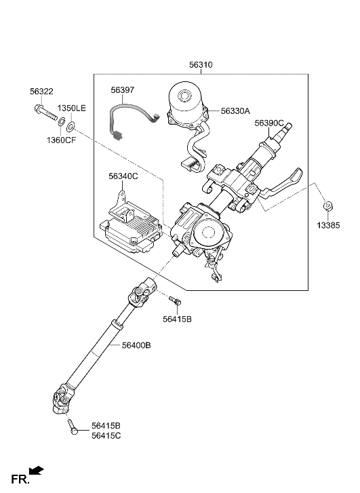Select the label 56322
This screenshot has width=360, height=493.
pos(41,92)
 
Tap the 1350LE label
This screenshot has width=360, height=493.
pos(71,109)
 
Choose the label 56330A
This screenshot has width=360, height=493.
pos(235,111)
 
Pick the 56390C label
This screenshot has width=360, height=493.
pos(269,123)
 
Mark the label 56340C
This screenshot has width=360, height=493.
pos(123,176)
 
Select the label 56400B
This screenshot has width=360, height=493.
pos(136,345)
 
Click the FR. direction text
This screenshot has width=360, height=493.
pos(20,479)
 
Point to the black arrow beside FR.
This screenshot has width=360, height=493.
pos(38,469)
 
